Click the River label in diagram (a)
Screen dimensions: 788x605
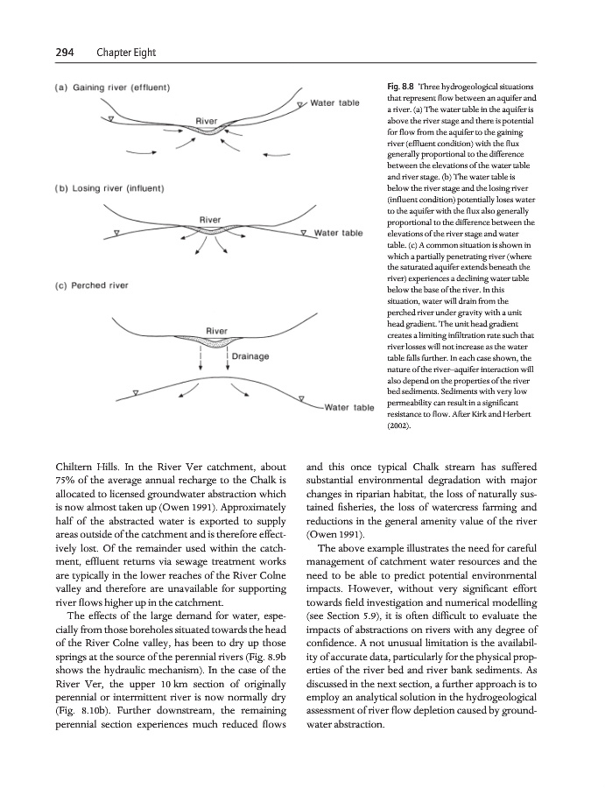click(207, 120)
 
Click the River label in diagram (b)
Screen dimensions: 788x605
click(211, 218)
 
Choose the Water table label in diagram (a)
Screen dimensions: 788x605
click(335, 102)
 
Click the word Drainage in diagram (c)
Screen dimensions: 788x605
click(252, 356)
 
